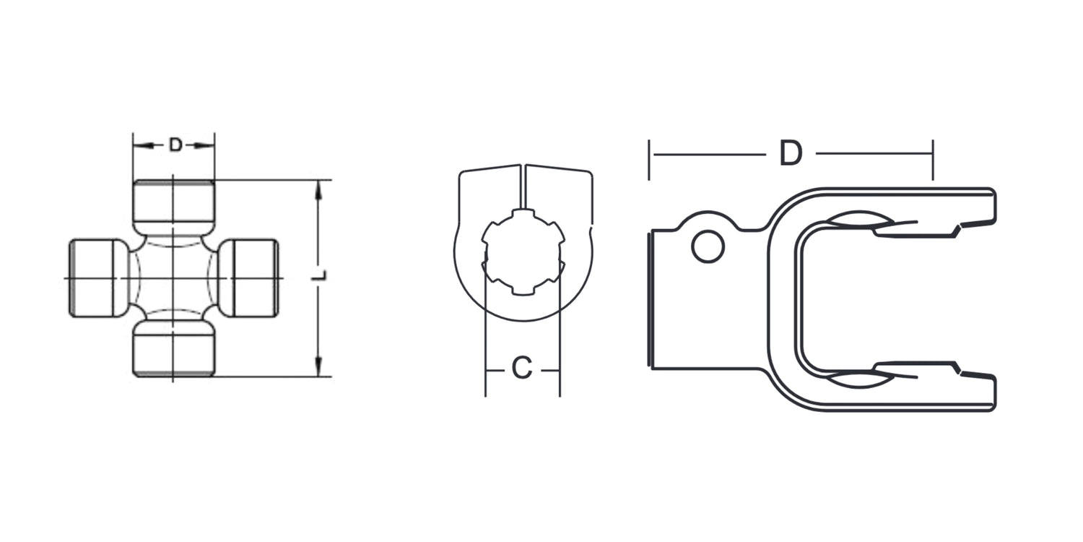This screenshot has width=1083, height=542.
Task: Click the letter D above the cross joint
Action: point(175,145)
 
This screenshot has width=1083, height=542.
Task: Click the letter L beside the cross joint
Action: point(320,275)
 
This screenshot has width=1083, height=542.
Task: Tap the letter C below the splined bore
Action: point(522,368)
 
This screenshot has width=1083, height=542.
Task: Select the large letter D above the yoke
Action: point(791,153)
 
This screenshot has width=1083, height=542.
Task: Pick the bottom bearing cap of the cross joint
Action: point(173,348)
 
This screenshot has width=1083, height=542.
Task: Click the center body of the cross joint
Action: point(173,278)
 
